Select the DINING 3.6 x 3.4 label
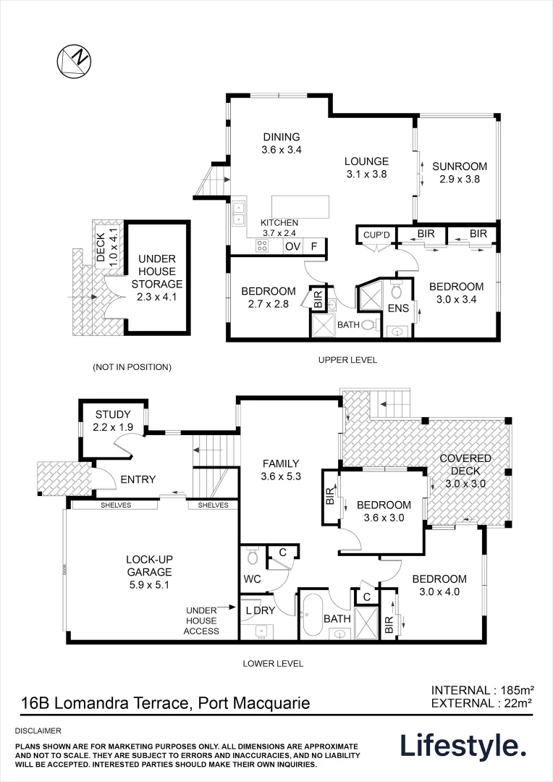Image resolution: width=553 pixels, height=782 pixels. pos(281,143)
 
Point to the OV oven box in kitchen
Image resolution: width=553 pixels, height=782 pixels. pos(292,246)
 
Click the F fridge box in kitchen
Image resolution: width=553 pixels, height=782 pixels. pos(313,246)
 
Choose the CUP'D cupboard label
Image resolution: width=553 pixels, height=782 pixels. pos(376,235)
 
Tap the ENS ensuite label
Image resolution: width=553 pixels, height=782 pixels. pos(398,308)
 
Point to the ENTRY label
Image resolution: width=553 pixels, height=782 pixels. pos(138,479)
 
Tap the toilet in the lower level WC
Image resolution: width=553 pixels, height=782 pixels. pos(252,558)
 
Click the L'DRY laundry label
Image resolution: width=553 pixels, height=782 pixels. pos(260,610)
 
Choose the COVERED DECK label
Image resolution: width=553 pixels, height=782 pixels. pos(465,465)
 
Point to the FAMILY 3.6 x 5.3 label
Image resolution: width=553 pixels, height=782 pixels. pos(281,471)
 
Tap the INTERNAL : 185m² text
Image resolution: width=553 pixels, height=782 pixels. pos(482,689)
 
